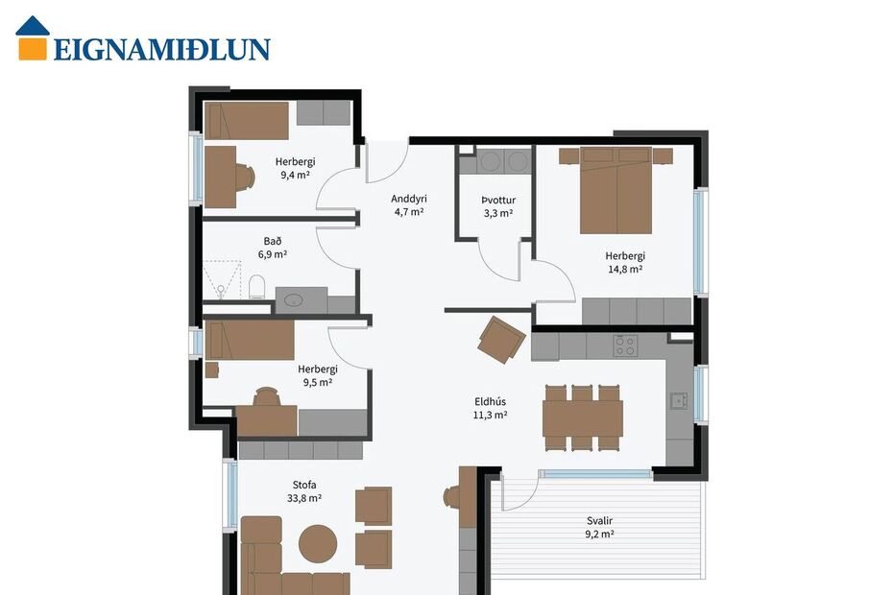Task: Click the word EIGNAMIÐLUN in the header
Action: click(161, 50)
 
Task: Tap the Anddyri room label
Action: click(408, 205)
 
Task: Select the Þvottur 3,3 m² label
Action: click(498, 206)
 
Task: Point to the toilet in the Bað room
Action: click(257, 287)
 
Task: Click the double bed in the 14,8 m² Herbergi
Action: click(615, 190)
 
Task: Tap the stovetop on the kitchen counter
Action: click(625, 345)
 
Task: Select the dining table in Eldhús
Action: click(582, 417)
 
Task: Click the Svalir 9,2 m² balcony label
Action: click(600, 528)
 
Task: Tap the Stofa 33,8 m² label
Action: click(303, 491)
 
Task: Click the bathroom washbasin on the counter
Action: click(294, 300)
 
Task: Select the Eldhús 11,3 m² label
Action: click(490, 409)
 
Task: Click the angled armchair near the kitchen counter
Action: click(501, 340)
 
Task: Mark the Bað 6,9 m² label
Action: click(273, 248)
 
